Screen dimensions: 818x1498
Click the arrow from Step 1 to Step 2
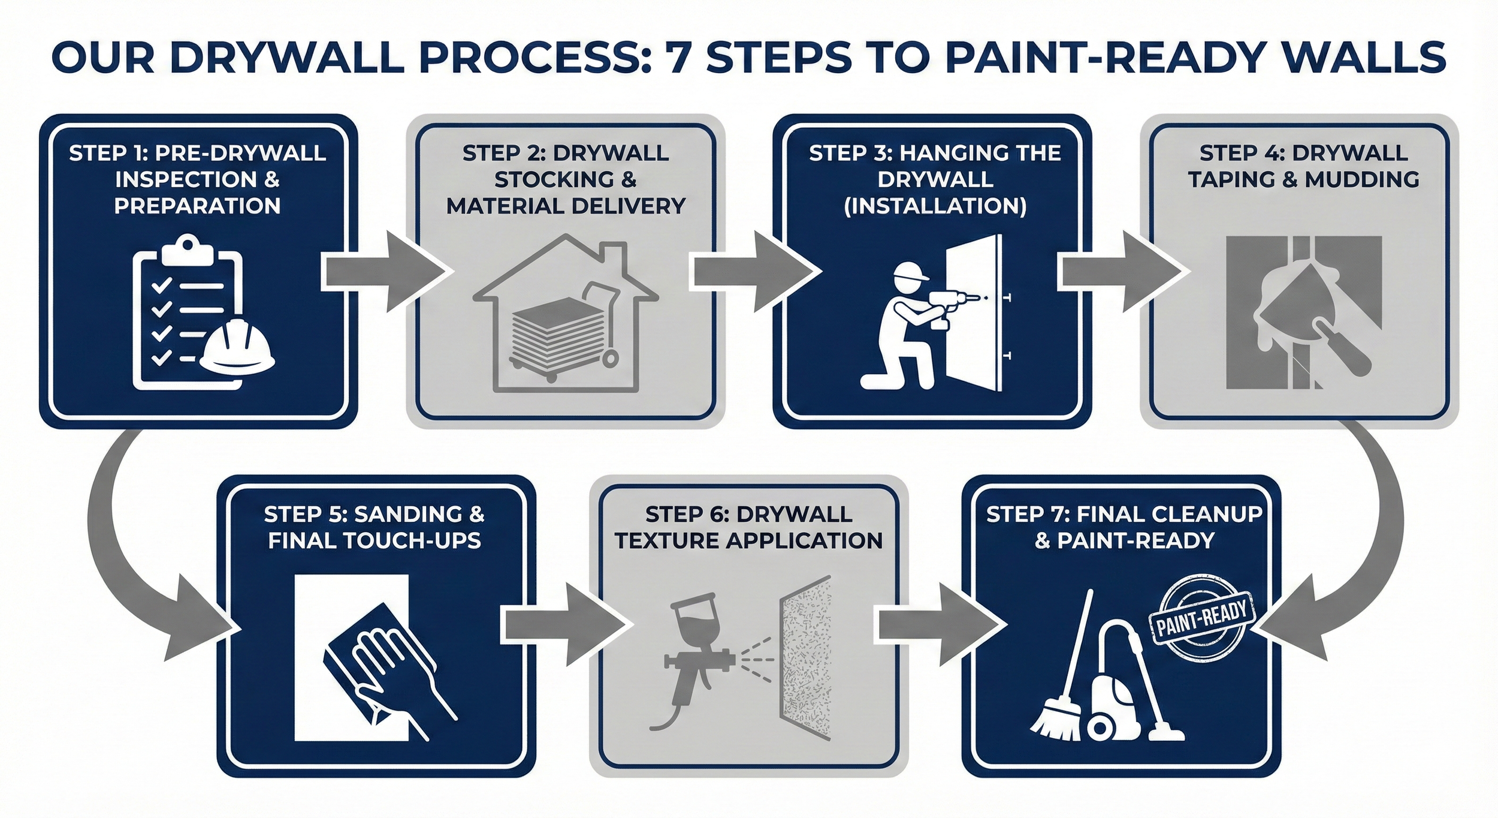click(x=383, y=273)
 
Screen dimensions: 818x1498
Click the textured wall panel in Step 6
click(x=807, y=657)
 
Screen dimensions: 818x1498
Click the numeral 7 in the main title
click(x=678, y=58)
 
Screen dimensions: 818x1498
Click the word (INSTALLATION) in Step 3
click(x=935, y=206)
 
